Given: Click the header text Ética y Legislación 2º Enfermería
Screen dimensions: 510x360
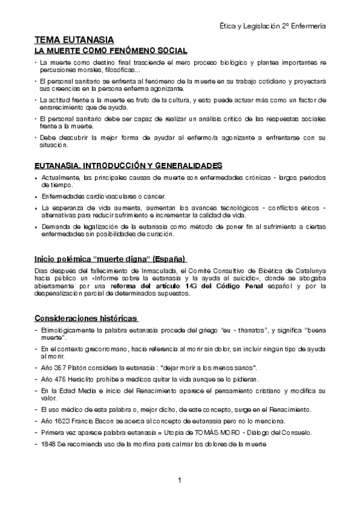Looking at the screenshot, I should (x=273, y=26).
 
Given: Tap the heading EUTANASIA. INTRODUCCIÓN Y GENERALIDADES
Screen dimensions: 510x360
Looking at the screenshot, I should (x=127, y=165).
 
